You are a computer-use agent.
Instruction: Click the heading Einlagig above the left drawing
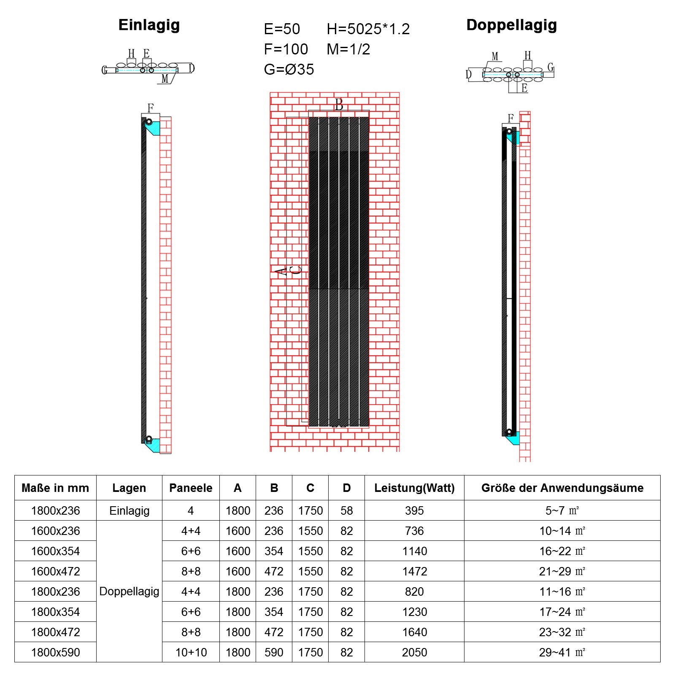pyautogui.click(x=149, y=25)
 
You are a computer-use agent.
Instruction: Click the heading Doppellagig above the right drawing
pyautogui.click(x=511, y=25)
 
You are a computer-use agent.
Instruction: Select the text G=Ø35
pyautogui.click(x=289, y=69)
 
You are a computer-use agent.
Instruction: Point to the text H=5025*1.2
pyautogui.click(x=368, y=29)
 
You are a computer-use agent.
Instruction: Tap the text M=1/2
pyautogui.click(x=348, y=49)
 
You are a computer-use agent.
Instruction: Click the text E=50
pyautogui.click(x=282, y=29)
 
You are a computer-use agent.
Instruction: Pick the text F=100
pyautogui.click(x=286, y=49)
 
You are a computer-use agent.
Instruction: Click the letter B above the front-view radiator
pyautogui.click(x=339, y=105)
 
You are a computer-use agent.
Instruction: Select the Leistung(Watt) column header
pyautogui.click(x=414, y=488)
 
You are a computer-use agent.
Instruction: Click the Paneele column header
pyautogui.click(x=191, y=488)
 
